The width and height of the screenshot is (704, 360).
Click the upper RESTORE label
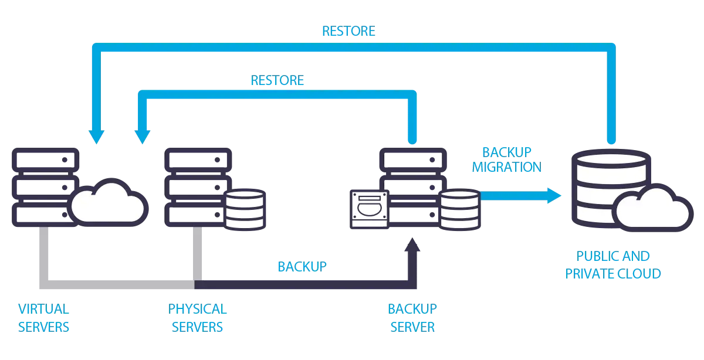click(348, 30)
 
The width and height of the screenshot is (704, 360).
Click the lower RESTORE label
click(277, 80)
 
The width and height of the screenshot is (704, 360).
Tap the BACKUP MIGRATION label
click(506, 159)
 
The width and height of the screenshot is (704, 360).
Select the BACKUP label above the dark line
click(302, 267)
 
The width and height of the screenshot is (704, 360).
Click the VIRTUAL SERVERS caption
click(43, 318)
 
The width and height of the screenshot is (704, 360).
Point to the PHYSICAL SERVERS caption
click(197, 318)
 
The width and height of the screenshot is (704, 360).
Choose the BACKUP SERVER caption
click(412, 318)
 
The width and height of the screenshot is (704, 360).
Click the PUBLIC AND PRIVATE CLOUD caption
click(613, 265)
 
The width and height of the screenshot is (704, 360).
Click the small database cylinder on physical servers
click(245, 209)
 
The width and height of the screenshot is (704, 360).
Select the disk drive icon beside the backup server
click(369, 209)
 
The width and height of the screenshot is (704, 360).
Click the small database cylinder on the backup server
click(460, 209)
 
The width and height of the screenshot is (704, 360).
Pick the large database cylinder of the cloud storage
click(610, 188)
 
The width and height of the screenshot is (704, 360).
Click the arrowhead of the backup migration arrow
click(553, 195)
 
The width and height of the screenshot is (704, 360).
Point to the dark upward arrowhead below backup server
click(413, 244)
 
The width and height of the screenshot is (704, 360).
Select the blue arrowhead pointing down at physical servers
click(142, 136)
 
